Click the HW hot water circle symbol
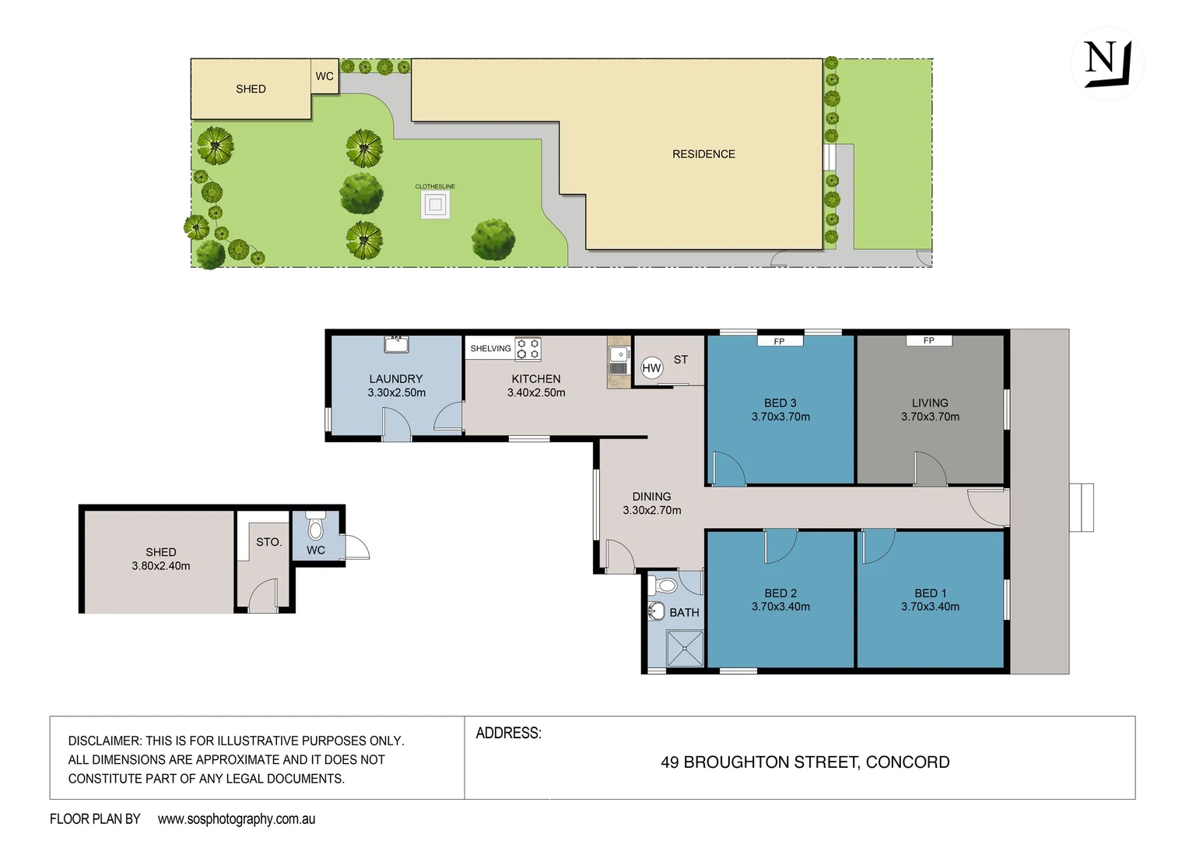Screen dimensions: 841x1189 (x=651, y=368)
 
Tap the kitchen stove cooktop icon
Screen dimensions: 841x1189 (x=528, y=349)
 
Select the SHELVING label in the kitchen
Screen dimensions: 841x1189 (x=490, y=349)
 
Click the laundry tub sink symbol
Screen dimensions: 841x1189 (x=396, y=344)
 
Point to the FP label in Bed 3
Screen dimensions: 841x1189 (x=779, y=341)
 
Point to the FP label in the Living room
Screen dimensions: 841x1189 (x=928, y=340)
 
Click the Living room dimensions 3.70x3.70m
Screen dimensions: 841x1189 (x=930, y=417)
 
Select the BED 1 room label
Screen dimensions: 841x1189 (x=930, y=593)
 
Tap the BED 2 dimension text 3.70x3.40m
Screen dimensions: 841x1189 (x=780, y=607)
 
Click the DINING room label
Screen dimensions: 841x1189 (x=651, y=496)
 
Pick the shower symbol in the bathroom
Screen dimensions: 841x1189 (x=685, y=649)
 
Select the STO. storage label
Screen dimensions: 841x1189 (x=268, y=542)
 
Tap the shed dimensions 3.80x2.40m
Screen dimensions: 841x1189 (x=161, y=566)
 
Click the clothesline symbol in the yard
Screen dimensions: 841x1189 (x=435, y=206)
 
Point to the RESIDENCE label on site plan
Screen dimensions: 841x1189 (x=703, y=154)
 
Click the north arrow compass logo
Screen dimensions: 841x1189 (x=1107, y=63)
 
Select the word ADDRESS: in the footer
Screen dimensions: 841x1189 (x=508, y=734)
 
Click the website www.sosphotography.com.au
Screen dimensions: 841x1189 (x=237, y=819)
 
